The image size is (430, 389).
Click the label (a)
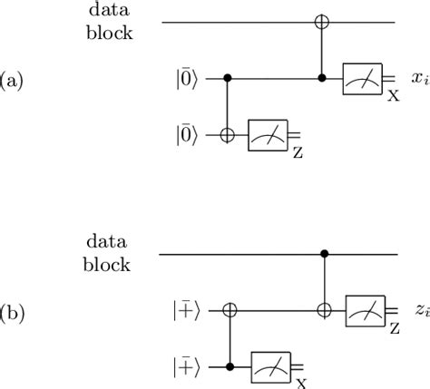tap(14, 81)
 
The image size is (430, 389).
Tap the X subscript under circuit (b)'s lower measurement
tap(298, 382)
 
